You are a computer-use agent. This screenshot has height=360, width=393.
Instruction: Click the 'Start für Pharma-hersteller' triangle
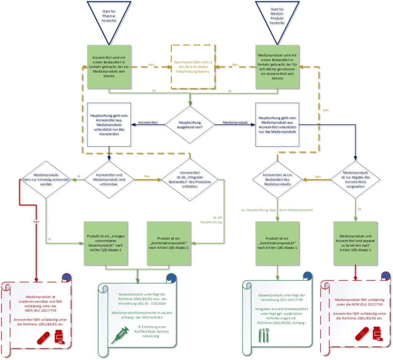(110, 17)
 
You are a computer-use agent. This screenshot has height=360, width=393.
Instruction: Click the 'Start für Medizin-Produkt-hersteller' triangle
(278, 17)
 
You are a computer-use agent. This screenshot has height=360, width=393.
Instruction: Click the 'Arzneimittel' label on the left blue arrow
(148, 123)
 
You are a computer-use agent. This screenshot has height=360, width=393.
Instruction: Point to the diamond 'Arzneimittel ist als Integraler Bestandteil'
(189, 179)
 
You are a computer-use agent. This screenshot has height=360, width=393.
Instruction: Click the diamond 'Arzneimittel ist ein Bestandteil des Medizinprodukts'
(277, 179)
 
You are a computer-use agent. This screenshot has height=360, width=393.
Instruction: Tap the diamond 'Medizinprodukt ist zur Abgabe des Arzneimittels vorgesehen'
(355, 179)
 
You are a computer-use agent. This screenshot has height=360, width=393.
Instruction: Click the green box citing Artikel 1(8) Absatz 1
(277, 243)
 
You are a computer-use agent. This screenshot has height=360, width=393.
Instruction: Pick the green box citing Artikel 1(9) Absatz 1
(355, 243)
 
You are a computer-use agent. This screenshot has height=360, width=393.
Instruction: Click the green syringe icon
(120, 335)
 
